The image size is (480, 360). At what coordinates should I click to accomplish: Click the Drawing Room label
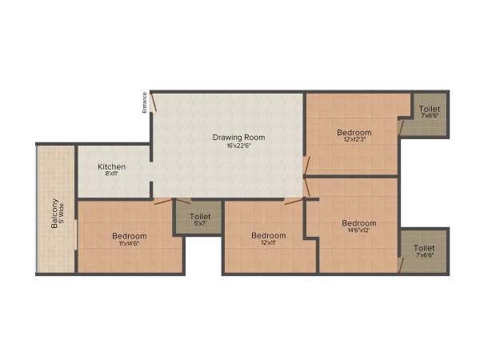238,138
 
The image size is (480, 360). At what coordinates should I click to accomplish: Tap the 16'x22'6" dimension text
238,146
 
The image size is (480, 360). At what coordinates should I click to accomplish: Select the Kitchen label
112,166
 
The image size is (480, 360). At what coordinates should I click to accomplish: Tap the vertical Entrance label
145,102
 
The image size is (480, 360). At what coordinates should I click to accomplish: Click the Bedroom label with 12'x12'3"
354,132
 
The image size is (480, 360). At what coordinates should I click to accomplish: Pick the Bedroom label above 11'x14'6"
129,236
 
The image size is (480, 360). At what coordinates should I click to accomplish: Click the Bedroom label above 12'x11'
268,235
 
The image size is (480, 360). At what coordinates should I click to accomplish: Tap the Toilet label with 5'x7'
200,216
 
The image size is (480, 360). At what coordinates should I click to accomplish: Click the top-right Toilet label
430,108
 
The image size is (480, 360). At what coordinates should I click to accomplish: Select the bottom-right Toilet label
425,248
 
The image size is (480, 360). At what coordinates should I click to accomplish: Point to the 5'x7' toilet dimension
200,223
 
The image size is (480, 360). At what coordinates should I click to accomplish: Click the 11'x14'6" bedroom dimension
129,243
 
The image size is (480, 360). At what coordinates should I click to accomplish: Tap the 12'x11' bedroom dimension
268,242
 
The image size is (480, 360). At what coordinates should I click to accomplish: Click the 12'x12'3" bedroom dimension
354,140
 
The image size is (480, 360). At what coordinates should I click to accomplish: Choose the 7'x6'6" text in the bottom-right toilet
425,256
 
